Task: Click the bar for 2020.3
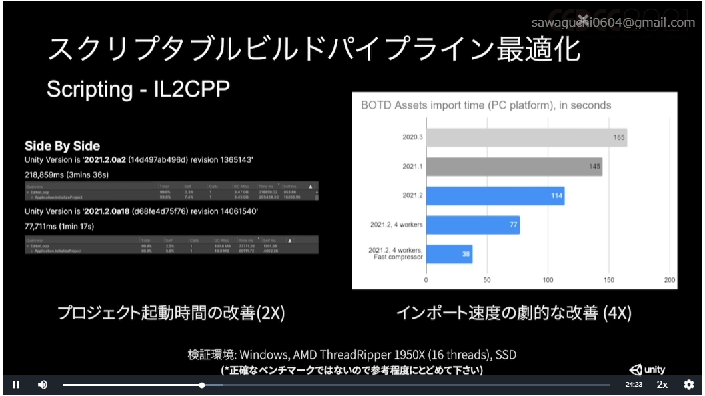coord(526,137)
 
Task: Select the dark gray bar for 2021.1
coord(514,167)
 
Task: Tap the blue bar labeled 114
coord(495,195)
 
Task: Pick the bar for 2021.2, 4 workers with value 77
coord(472,225)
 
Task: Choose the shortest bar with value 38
coord(449,254)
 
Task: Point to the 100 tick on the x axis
coord(548,280)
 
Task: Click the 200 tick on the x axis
coord(670,280)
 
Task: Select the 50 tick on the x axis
coord(487,280)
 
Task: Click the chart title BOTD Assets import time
coord(486,105)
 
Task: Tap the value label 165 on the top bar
coord(619,138)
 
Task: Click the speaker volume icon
coord(43,385)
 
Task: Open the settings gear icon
coord(689,385)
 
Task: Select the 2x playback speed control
coord(662,385)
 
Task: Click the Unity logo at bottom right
coord(647,369)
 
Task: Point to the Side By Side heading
coord(62,146)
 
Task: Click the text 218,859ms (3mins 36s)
coord(66,175)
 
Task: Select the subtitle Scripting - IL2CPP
coord(138,90)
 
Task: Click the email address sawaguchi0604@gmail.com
coord(613,23)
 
